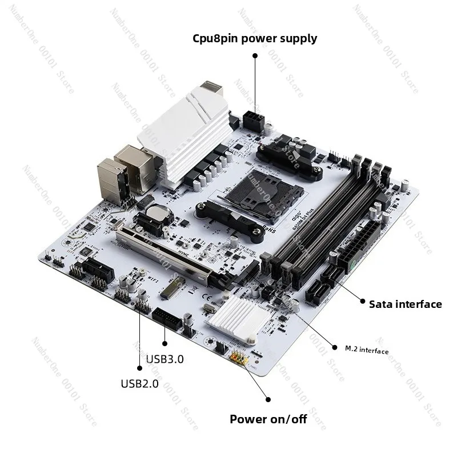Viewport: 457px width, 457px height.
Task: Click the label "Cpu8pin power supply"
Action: tap(254, 39)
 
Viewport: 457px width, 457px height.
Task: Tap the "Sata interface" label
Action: tap(405, 304)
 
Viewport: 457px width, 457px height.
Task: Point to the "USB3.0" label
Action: tap(165, 359)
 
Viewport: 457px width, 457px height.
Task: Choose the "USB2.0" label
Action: tap(139, 383)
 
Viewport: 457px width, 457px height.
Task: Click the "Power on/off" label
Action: tap(268, 419)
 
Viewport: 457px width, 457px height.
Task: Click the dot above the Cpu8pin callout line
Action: tap(255, 56)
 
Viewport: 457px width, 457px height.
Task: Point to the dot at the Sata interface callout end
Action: tap(360, 300)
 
